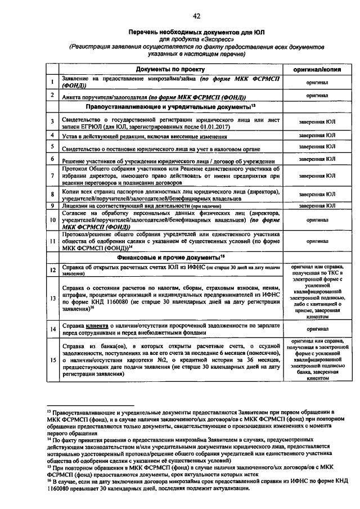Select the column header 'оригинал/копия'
click(x=317, y=69)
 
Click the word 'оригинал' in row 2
click(x=317, y=96)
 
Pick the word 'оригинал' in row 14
click(x=317, y=328)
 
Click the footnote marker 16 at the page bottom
click(x=49, y=481)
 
